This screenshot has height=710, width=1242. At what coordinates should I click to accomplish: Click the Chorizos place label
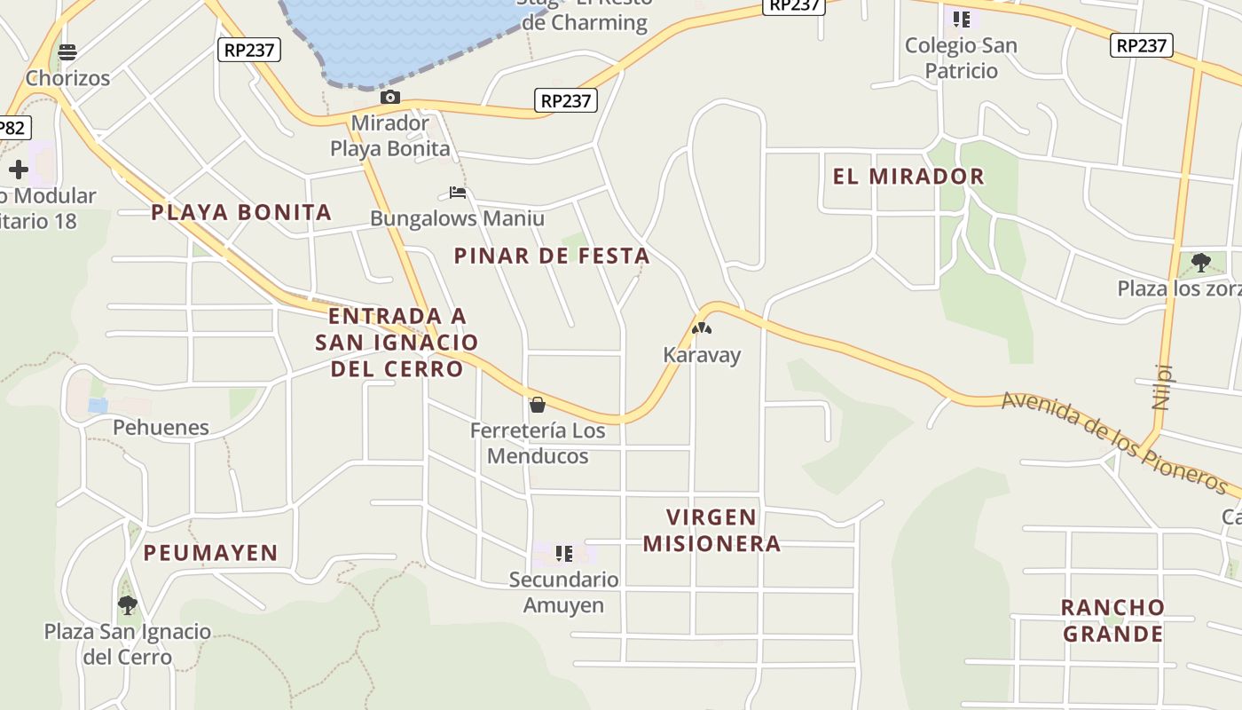click(x=67, y=78)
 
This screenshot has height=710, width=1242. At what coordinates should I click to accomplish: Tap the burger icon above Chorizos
click(x=67, y=51)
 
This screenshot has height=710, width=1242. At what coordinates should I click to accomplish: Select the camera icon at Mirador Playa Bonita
click(x=389, y=97)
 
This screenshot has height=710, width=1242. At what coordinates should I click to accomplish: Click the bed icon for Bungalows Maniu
click(x=458, y=192)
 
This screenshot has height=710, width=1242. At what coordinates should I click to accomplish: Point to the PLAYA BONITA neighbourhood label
click(x=241, y=212)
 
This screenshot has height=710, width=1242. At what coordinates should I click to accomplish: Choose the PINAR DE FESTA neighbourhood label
click(x=552, y=256)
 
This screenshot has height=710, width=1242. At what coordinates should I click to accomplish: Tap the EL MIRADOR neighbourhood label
click(x=908, y=177)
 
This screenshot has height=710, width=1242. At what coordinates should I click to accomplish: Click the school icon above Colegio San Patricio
click(x=961, y=19)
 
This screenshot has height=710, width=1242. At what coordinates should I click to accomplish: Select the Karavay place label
click(x=702, y=355)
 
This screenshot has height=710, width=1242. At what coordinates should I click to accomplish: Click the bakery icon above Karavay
click(x=702, y=328)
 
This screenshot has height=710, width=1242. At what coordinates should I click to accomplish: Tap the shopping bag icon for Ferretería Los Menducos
click(x=537, y=406)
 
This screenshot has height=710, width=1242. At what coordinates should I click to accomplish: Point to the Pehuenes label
click(x=161, y=428)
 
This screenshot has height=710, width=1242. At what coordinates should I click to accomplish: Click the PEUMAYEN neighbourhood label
click(x=211, y=553)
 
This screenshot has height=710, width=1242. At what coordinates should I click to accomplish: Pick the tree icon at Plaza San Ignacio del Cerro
click(x=128, y=605)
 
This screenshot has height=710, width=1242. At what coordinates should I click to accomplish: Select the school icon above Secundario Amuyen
click(x=563, y=555)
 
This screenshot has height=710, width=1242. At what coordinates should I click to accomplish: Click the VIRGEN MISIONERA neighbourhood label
click(x=711, y=530)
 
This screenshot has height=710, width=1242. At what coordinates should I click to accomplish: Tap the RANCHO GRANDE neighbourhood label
click(x=1112, y=620)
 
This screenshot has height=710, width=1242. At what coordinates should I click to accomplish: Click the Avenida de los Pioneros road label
click(x=1113, y=442)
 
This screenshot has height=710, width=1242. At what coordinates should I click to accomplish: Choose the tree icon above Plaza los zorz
click(x=1201, y=262)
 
